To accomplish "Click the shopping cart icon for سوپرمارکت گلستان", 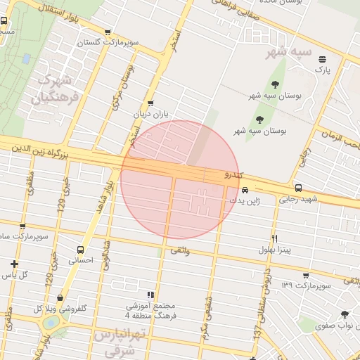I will (107, 32).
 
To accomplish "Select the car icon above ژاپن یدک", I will (244, 190).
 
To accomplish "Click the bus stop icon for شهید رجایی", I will (299, 188).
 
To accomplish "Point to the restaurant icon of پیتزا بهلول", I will (274, 238).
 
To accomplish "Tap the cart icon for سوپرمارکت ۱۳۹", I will (304, 275).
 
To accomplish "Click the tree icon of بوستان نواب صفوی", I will (344, 314).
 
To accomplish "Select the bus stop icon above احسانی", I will (80, 249).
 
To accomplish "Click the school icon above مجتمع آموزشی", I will (150, 295).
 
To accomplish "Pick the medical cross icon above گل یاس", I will (14, 264).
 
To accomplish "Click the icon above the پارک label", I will (322, 59).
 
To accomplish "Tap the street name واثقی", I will (179, 250).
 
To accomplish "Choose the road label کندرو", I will (233, 174).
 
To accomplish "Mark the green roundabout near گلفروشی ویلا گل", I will (51, 323).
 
